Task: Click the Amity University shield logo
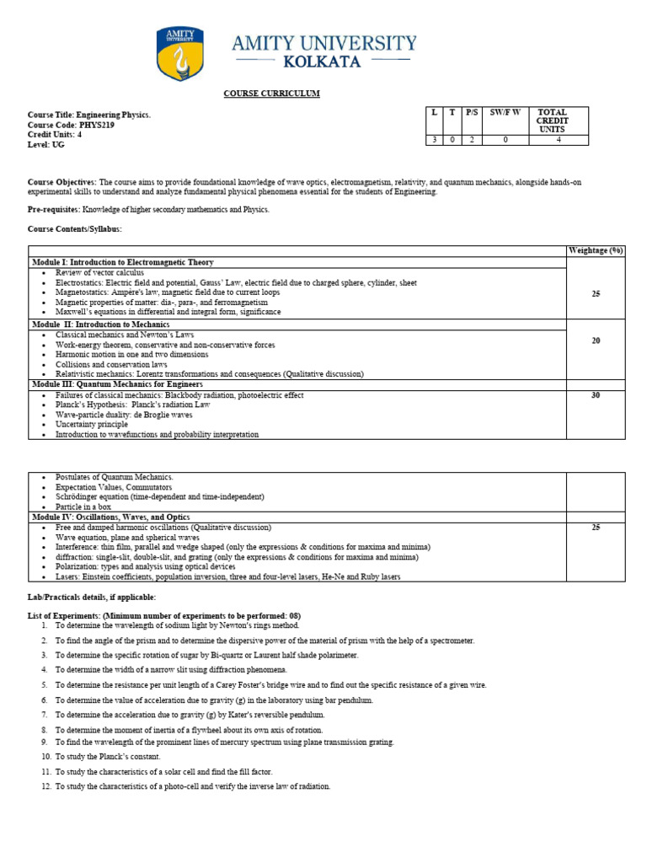[179, 55]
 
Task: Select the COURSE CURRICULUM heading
[270, 94]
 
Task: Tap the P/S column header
[471, 112]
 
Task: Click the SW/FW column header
[505, 112]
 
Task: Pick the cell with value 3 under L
[435, 139]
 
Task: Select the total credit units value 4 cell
[558, 139]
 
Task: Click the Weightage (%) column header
[596, 250]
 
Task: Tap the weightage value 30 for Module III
[596, 395]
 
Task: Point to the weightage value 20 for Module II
[596, 340]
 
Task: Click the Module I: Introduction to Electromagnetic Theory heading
[123, 262]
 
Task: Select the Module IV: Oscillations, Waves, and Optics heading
[110, 517]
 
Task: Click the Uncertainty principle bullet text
[92, 425]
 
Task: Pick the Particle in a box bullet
[83, 507]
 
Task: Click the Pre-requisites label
[54, 209]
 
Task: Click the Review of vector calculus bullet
[99, 273]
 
